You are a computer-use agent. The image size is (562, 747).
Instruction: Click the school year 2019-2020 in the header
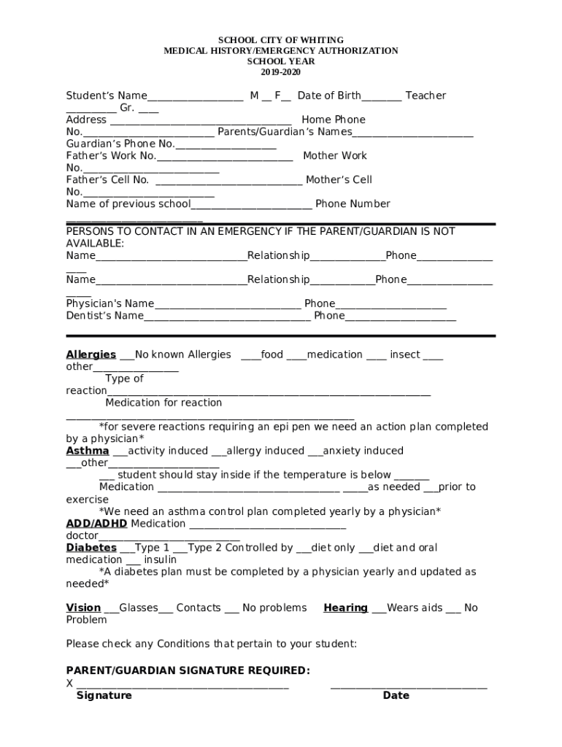pyautogui.click(x=280, y=72)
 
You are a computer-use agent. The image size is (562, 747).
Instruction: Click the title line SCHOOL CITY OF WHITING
pyautogui.click(x=281, y=39)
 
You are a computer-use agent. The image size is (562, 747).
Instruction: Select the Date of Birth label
pyautogui.click(x=329, y=96)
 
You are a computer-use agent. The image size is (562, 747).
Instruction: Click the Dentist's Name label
pyautogui.click(x=104, y=316)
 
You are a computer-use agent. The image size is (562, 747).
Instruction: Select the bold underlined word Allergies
pyautogui.click(x=91, y=355)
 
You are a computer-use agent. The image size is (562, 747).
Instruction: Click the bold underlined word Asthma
pyautogui.click(x=88, y=451)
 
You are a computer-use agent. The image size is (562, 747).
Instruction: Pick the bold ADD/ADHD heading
pyautogui.click(x=96, y=524)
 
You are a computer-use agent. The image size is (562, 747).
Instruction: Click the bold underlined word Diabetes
pyautogui.click(x=91, y=548)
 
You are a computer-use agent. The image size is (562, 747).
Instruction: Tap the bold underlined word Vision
pyautogui.click(x=83, y=608)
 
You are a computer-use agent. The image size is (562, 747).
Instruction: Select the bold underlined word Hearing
pyautogui.click(x=345, y=608)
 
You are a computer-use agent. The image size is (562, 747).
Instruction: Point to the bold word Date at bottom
pyautogui.click(x=396, y=696)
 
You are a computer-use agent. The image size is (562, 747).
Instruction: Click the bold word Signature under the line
pyautogui.click(x=104, y=696)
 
